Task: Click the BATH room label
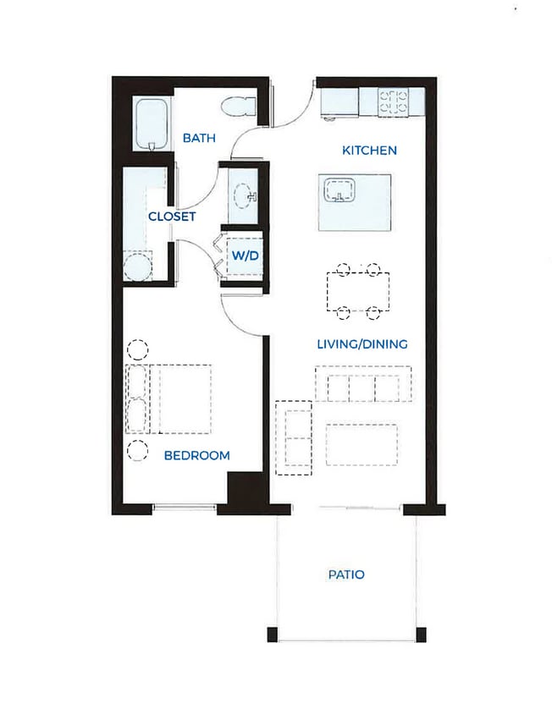click(199, 138)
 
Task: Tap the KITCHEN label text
click(369, 151)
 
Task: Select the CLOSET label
click(172, 217)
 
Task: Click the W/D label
click(246, 255)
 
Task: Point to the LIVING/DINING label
click(362, 343)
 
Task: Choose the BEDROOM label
click(197, 455)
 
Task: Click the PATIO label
click(346, 574)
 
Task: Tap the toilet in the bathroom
click(239, 107)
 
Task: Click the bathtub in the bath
click(152, 123)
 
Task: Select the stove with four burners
click(394, 102)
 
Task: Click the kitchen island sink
click(339, 189)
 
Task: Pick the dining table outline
click(358, 291)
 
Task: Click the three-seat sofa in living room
click(363, 383)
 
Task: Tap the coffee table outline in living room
click(362, 445)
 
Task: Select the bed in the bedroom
click(168, 399)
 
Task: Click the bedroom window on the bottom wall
click(185, 507)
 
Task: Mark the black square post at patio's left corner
click(272, 634)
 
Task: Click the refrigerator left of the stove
click(339, 102)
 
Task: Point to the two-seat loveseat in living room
click(294, 438)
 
